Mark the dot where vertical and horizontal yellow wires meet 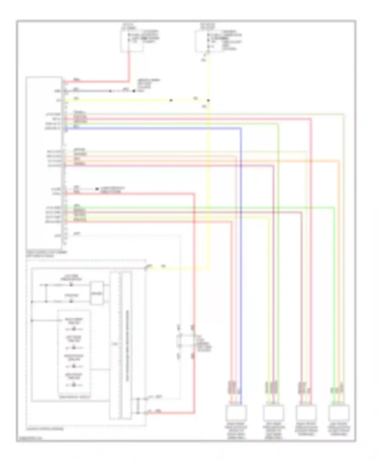(x=208, y=100)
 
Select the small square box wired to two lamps (x=97, y=293)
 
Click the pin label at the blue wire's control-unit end (x=53, y=128)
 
